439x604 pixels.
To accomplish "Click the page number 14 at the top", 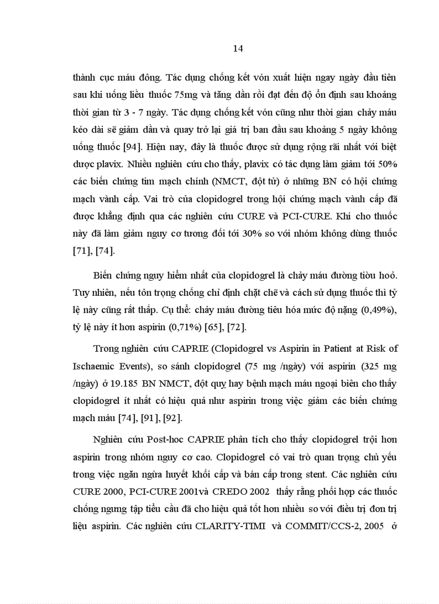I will pyautogui.click(x=238, y=49).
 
